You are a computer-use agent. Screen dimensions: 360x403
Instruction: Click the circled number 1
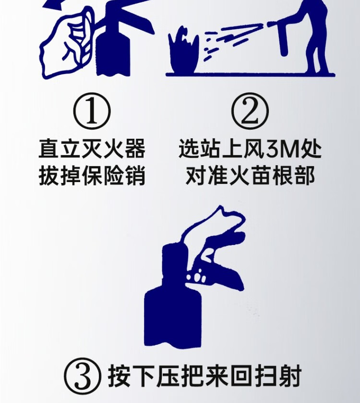(x=92, y=112)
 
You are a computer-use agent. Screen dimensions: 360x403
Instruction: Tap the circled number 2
(x=250, y=112)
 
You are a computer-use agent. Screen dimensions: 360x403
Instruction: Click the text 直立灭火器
(x=92, y=148)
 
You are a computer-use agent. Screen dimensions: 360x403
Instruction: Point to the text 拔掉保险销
(x=92, y=176)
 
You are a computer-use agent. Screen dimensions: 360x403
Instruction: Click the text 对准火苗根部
(x=250, y=176)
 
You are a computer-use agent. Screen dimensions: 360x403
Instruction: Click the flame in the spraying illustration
(x=184, y=52)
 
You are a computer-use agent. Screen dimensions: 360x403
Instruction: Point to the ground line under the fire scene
(x=251, y=74)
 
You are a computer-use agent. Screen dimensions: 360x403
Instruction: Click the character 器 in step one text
(x=135, y=148)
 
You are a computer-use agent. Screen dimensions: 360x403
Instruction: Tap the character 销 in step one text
(x=135, y=176)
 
